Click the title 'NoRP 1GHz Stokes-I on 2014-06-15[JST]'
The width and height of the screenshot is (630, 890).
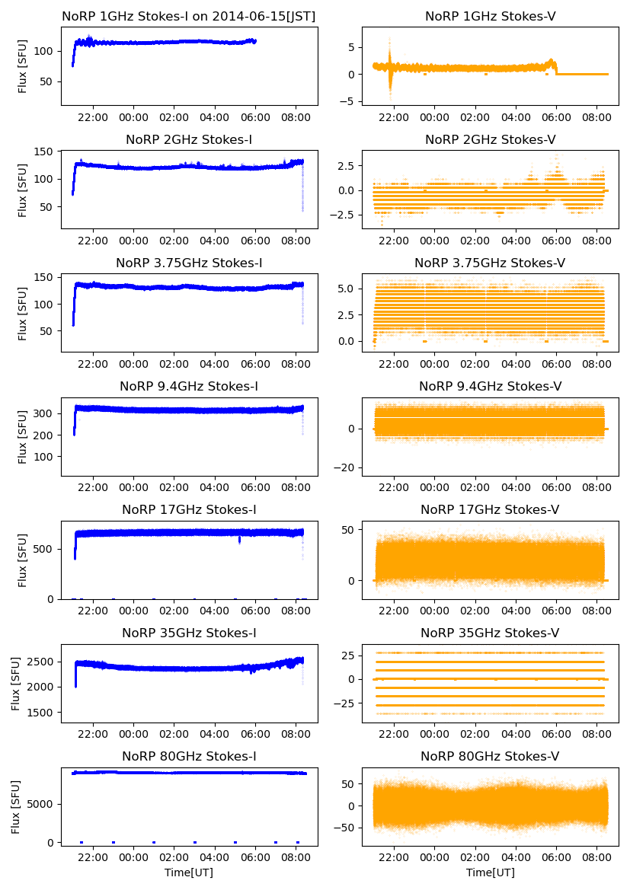click(189, 16)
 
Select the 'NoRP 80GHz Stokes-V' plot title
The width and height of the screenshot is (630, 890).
click(490, 756)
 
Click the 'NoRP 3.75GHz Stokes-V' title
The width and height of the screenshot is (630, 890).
click(490, 263)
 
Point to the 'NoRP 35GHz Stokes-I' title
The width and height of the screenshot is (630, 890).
click(189, 633)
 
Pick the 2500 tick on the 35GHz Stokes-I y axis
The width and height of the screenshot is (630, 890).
click(43, 661)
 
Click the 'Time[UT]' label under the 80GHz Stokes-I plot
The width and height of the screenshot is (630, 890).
click(189, 872)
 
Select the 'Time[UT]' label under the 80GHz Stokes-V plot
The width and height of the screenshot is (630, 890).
click(490, 872)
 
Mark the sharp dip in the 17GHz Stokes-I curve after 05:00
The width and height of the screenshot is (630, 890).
click(240, 540)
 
